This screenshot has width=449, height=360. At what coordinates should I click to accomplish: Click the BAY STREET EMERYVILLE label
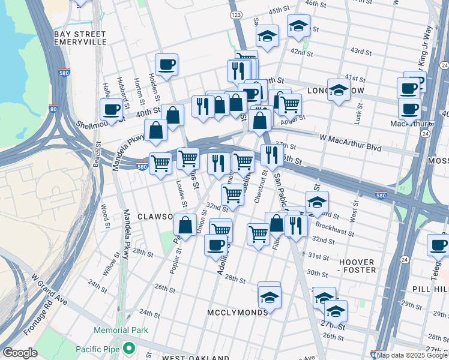point(80,38)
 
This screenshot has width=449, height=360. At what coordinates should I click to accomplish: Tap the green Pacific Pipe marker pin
point(128,348)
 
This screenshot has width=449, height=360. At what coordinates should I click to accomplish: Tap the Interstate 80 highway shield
point(53,109)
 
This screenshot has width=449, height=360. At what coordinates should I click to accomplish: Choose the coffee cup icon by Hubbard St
point(111,109)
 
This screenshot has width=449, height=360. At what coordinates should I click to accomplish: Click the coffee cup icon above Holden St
point(166,64)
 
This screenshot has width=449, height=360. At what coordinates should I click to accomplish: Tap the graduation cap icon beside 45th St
point(298,25)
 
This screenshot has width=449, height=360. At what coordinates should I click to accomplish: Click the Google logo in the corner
point(20,353)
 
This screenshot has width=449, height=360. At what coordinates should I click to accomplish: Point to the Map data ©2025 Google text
point(412,355)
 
